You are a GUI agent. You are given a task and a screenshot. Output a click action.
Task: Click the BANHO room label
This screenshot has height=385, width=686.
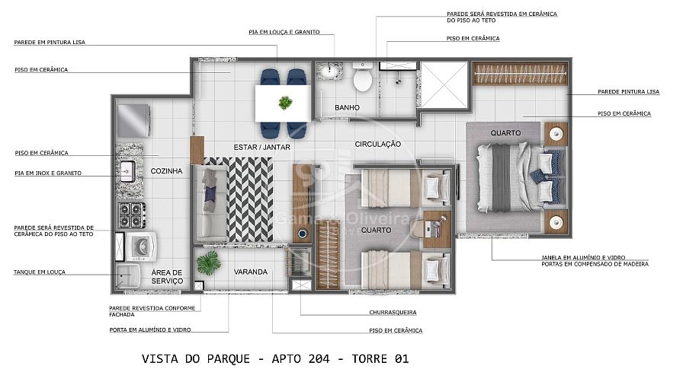coord(347,107)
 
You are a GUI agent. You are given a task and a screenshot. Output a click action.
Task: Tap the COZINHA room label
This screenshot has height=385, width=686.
coord(166,171)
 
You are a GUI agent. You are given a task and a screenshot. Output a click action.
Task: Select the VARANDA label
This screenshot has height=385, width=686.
coord(250,272)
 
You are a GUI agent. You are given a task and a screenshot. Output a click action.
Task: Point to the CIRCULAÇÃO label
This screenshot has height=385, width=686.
coord(377,144)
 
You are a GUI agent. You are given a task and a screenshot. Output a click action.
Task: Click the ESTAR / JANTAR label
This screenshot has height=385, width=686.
coord(261,148)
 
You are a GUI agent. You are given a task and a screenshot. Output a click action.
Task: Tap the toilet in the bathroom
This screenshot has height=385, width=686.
coord(362,77)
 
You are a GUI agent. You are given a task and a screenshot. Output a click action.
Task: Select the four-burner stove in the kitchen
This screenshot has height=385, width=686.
coord(131,215)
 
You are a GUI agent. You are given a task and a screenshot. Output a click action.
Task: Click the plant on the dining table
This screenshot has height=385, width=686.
coord(285,103)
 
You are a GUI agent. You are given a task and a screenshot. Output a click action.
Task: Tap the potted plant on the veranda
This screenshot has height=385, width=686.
coord(209,263)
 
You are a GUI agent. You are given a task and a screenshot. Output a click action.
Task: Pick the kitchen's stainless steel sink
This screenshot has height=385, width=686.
coord(127,171)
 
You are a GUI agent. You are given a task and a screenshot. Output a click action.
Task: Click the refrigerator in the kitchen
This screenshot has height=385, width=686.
coord(133,121)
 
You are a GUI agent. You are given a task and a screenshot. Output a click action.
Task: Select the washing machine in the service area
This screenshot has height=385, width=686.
coord(140,247)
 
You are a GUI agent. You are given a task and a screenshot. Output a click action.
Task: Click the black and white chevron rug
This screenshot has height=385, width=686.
coord(249,199)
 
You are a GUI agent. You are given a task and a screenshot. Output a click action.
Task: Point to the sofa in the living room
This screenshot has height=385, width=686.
coord(211,203)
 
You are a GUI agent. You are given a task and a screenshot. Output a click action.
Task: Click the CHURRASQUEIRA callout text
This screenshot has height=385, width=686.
coord(393,313)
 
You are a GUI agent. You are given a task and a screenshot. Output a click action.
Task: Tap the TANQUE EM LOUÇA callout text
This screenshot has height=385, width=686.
coord(40,272)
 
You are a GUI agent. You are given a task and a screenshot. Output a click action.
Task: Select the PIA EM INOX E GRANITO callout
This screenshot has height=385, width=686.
coord(48,173)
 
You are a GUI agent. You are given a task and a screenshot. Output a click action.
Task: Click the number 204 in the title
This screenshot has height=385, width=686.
coord(319,359)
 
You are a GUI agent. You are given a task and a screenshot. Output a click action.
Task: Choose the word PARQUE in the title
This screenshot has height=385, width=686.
coord(228,359)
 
